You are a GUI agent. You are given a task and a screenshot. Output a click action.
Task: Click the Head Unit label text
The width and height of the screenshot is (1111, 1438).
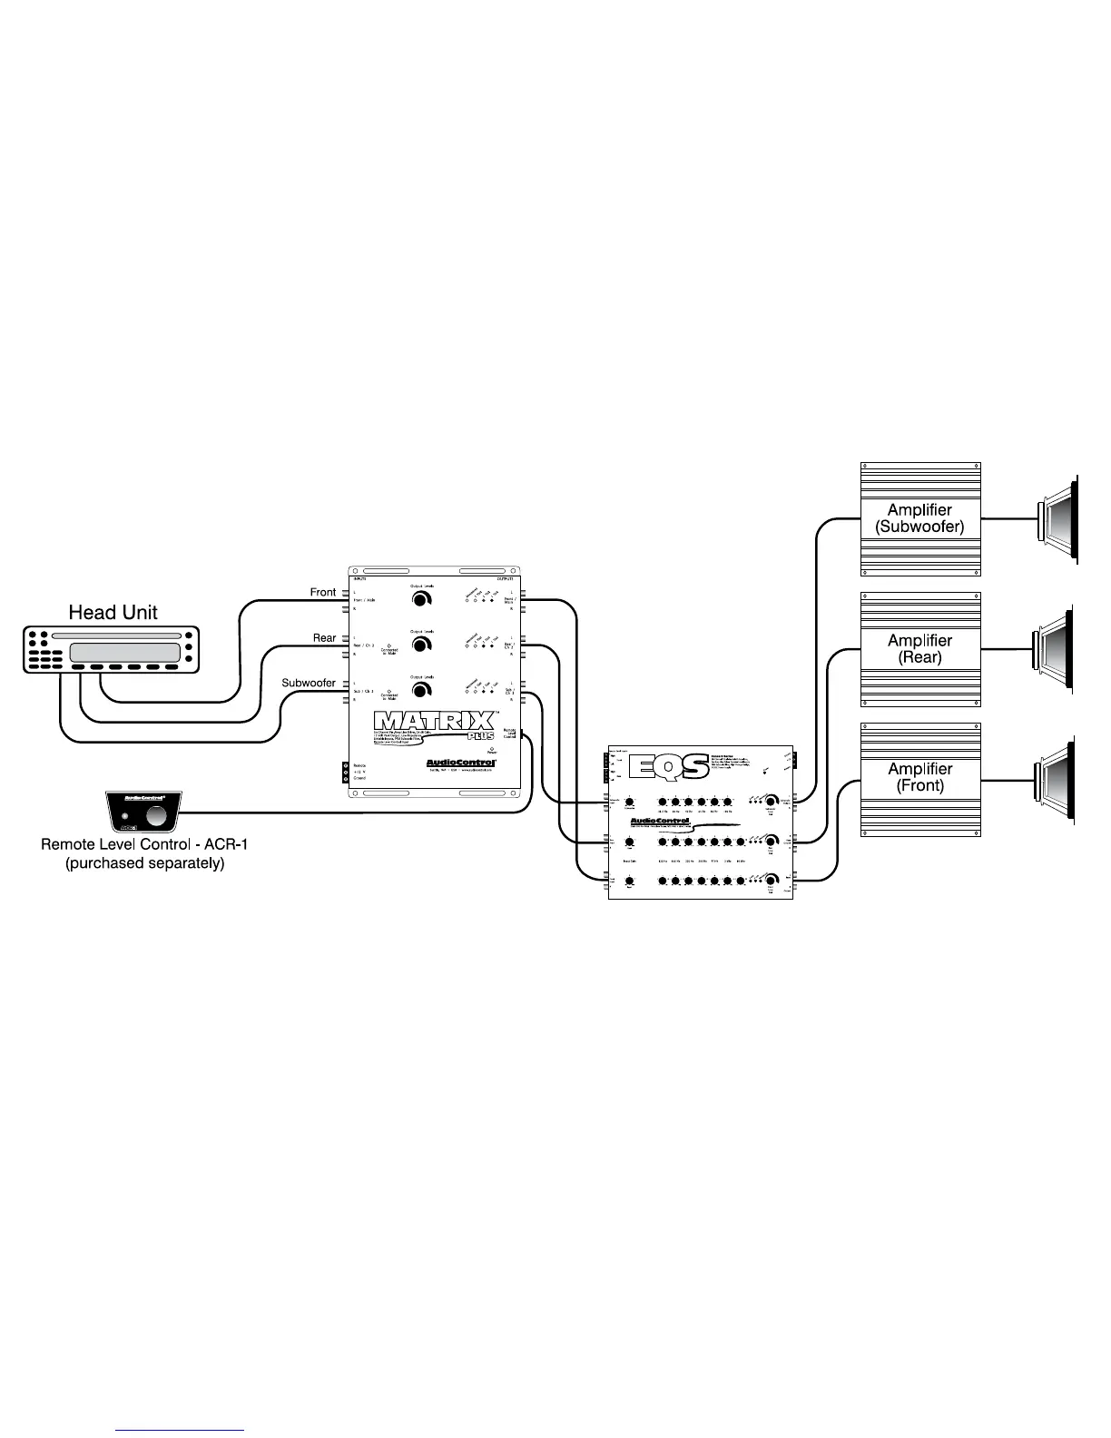coord(113,612)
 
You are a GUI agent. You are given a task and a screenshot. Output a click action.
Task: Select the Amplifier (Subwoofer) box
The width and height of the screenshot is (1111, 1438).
coord(919,518)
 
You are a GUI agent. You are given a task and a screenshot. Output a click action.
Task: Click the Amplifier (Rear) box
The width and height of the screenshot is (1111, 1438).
coord(919,649)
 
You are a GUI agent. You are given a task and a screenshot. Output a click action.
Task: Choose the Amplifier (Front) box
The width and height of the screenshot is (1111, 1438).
coord(919,778)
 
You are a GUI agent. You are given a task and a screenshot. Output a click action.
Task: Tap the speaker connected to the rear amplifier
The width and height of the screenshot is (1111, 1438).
coord(1054,649)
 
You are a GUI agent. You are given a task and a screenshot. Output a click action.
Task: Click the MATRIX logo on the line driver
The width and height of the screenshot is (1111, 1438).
coord(434,722)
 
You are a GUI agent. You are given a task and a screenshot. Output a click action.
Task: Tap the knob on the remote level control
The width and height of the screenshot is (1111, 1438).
coord(158,815)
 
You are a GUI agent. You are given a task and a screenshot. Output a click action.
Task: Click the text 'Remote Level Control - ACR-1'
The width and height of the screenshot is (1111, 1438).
coord(144,844)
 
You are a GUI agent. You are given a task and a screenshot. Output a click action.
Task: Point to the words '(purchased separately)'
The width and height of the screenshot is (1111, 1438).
coord(144,863)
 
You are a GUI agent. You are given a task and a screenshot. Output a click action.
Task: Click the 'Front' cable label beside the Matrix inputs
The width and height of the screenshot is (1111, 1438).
coord(323,593)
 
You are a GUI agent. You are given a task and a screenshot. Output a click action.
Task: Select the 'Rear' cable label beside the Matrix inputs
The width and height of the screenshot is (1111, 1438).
coord(324,638)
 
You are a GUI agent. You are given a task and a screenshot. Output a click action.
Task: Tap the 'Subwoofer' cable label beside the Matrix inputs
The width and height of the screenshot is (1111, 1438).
coord(309,683)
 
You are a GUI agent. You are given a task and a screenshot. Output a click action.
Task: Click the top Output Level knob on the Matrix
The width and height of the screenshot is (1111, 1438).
coord(421,600)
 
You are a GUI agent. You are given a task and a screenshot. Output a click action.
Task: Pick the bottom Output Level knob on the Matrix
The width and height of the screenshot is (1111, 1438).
coord(421,690)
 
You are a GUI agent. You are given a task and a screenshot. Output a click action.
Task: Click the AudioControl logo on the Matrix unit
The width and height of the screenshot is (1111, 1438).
coord(461,763)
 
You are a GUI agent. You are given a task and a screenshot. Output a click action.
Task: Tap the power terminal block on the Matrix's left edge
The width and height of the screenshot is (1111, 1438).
coord(346,772)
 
